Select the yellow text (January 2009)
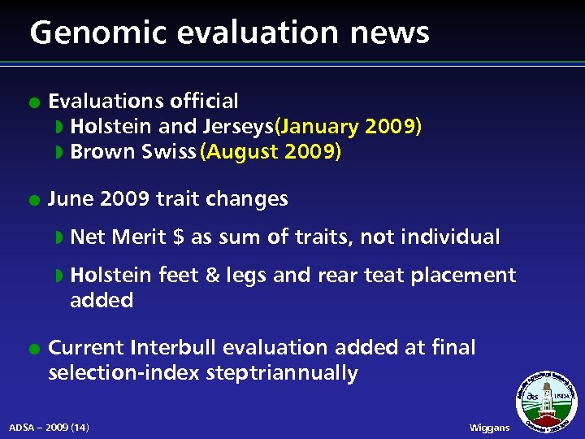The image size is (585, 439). point(349,127)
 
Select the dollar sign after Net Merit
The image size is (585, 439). point(179,237)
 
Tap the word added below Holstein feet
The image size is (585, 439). point(102,301)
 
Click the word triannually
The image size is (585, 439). point(312,374)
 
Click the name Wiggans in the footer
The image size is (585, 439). point(490,428)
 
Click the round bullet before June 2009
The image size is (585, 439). point(31,200)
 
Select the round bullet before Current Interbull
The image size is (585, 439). point(31,349)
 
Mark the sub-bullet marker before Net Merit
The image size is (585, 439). point(58,238)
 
